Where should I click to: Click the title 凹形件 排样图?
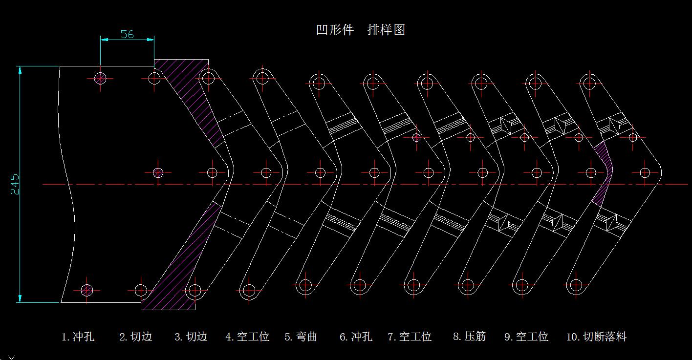pyautogui.click(x=361, y=30)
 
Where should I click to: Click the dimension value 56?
pyautogui.click(x=127, y=34)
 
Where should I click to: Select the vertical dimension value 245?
pyautogui.click(x=15, y=184)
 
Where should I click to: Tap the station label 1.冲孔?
pyautogui.click(x=78, y=337)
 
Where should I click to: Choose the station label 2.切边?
pyautogui.click(x=135, y=337)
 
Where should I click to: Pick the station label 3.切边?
pyautogui.click(x=191, y=337)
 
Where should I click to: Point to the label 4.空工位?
pyautogui.click(x=247, y=337)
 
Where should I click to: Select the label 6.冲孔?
pyautogui.click(x=356, y=337)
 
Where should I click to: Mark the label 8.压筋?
pyautogui.click(x=469, y=337)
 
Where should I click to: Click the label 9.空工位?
pyautogui.click(x=526, y=337)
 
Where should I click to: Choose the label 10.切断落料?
pyautogui.click(x=596, y=337)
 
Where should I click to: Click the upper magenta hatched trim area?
pyautogui.click(x=193, y=93)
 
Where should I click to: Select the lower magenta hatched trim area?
pyautogui.click(x=181, y=269)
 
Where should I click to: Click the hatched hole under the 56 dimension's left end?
pyautogui.click(x=100, y=78)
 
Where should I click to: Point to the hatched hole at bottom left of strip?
pyautogui.click(x=86, y=290)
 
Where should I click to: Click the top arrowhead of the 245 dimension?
pyautogui.click(x=20, y=70)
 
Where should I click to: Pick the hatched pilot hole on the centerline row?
pyautogui.click(x=158, y=172)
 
